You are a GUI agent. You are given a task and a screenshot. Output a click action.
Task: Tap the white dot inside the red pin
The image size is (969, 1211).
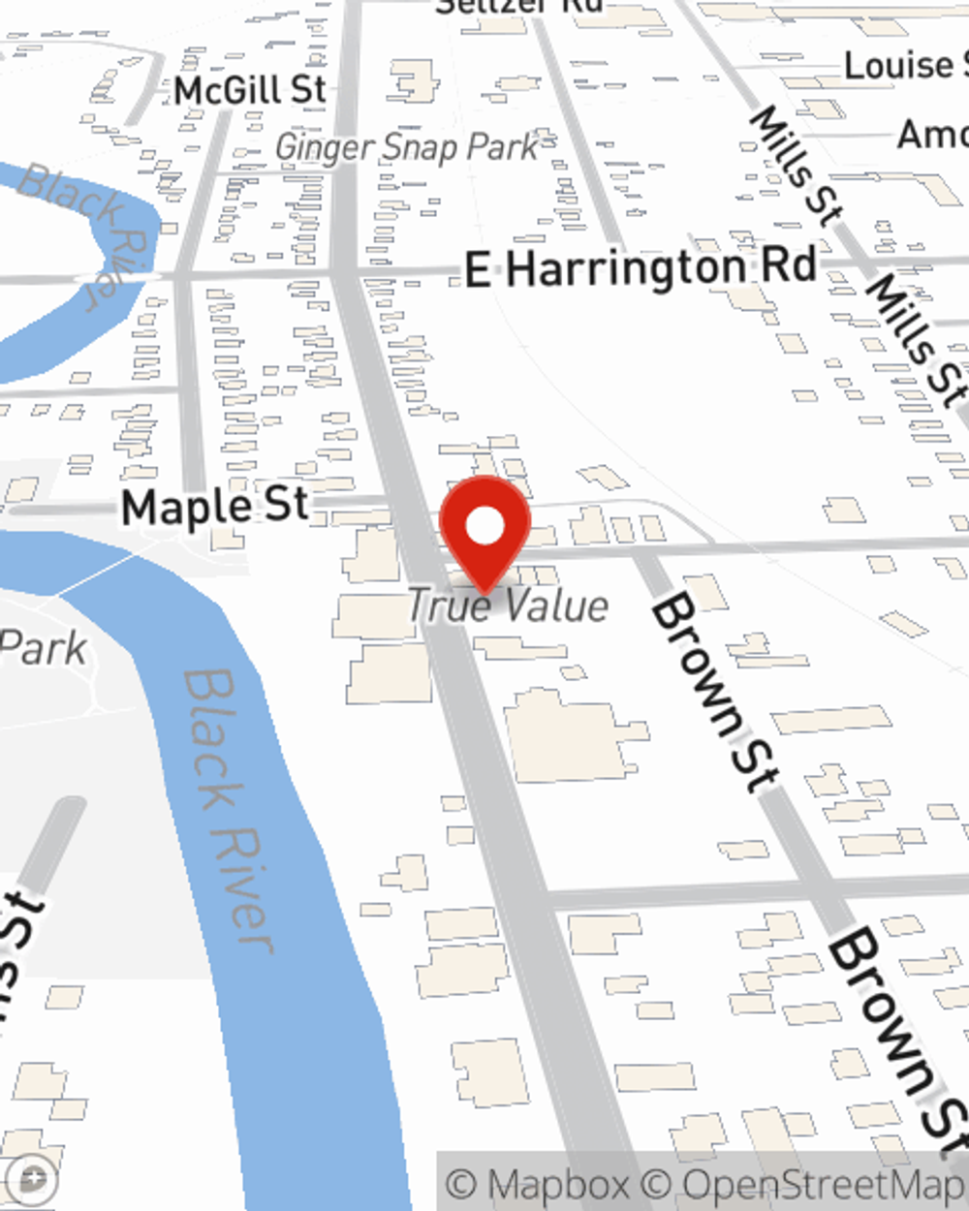(484, 526)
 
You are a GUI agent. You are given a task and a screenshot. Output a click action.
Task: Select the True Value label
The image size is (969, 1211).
(508, 606)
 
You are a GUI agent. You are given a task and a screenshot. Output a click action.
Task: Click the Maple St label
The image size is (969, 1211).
(215, 507)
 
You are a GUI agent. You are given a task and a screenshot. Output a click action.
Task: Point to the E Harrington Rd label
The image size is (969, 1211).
(641, 268)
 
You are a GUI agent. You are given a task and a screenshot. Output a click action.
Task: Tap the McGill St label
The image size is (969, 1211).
(250, 90)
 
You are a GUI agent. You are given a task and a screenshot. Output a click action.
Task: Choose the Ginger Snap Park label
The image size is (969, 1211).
(406, 147)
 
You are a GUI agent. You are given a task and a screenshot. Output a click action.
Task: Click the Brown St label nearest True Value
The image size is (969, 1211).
(715, 694)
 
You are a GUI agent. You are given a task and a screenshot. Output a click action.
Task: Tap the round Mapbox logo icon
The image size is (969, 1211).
(33, 1179)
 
